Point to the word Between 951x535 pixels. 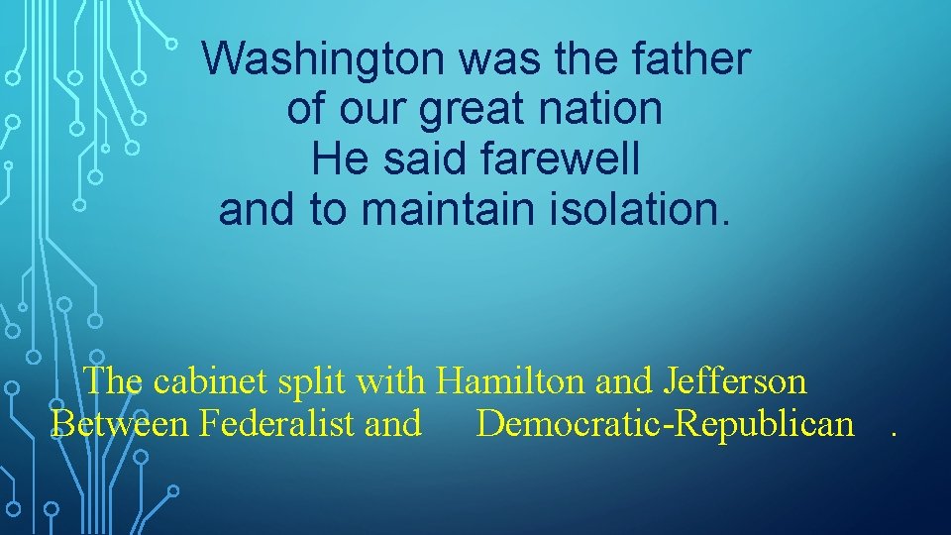119,424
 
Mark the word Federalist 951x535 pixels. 276,424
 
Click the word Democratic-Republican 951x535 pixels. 665,424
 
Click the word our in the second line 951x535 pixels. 374,110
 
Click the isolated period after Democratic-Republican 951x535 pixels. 895,433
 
